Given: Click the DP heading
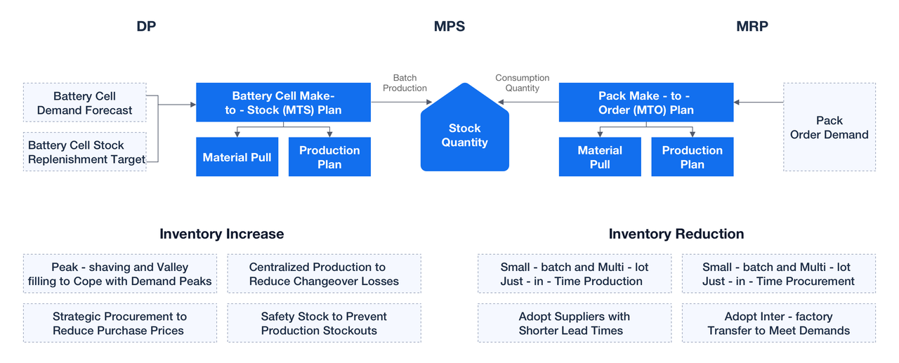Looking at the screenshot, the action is click(x=146, y=26).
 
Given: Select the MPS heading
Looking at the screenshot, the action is click(x=449, y=26).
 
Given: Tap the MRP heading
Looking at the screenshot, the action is click(x=752, y=26).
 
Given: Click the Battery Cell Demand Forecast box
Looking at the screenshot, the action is click(x=85, y=103).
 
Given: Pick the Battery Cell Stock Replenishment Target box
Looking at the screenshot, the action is click(x=85, y=152).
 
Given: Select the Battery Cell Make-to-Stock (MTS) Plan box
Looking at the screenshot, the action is click(x=283, y=103).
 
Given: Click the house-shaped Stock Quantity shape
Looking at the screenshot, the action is click(x=465, y=128).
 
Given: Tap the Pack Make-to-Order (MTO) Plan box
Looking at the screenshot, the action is click(x=646, y=103).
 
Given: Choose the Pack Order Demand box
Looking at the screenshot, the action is click(x=829, y=127).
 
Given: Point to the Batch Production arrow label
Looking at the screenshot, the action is click(x=405, y=83).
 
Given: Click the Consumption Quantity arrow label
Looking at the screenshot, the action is click(x=522, y=83).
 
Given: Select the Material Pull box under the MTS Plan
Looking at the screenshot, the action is click(x=237, y=157).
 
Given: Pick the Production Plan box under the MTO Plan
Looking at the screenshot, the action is click(x=693, y=157).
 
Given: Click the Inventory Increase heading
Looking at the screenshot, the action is click(x=221, y=234).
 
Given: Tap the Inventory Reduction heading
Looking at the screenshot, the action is click(x=676, y=234).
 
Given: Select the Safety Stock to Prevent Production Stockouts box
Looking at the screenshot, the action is click(x=324, y=323).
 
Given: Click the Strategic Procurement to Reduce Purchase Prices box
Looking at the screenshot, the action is click(x=120, y=323).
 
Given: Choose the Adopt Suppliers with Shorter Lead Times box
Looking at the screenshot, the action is click(x=575, y=323).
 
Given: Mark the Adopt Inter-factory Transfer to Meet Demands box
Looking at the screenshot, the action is click(x=779, y=323).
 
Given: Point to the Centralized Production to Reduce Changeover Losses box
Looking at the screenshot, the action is click(x=324, y=274).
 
